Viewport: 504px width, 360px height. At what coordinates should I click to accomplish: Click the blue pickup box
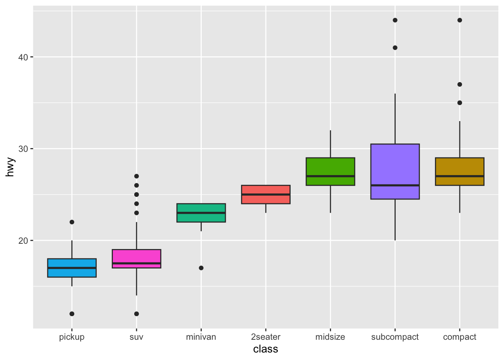pos(72,268)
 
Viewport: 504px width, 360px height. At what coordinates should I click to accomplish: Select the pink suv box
pos(136,259)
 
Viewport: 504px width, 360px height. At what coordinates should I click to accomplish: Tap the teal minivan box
pos(201,213)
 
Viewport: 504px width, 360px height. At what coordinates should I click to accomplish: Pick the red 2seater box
pos(266,194)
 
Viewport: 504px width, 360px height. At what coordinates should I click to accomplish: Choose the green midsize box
pos(330,171)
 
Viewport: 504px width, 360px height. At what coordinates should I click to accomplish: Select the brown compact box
pos(460,171)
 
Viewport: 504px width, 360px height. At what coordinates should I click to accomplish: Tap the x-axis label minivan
pos(201,337)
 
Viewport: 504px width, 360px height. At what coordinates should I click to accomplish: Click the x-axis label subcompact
pos(395,337)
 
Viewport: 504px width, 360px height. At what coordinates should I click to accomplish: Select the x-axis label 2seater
pos(266,337)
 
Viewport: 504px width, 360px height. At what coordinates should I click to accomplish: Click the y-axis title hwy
pos(10,167)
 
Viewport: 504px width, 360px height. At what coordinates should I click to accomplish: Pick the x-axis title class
pos(265,349)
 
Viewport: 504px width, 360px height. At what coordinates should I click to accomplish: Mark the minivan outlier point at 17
pos(201,268)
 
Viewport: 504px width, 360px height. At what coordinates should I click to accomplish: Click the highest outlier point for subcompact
pos(395,20)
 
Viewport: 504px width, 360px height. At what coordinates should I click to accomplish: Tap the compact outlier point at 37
pos(460,84)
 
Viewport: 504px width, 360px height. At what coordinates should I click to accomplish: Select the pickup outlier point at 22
pos(72,222)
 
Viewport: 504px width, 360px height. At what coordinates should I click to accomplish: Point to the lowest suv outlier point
pos(136,314)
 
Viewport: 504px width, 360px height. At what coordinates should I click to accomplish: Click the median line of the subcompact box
pos(395,185)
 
